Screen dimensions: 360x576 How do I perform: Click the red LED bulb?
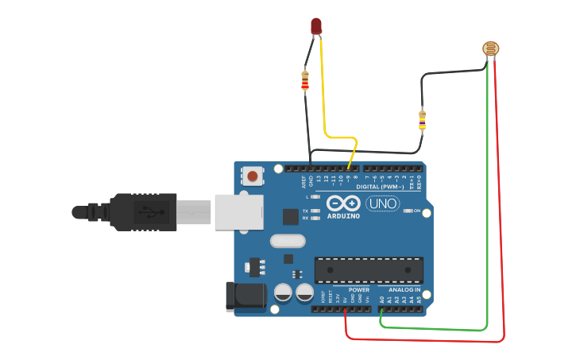tap(316, 25)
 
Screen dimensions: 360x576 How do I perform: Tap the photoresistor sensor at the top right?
tap(492, 49)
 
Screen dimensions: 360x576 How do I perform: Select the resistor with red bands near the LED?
tap(305, 80)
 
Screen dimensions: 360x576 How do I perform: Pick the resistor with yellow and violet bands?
tap(422, 120)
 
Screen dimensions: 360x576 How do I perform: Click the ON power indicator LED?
tap(407, 211)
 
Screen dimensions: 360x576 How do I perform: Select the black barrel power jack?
tap(245, 296)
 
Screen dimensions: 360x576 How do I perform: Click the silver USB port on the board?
tap(238, 212)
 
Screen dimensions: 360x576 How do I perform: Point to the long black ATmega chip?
tap(369, 270)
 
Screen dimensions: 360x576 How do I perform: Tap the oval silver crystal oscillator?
tap(288, 241)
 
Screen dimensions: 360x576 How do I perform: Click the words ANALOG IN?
tap(404, 290)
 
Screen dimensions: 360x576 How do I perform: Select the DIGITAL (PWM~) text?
tap(378, 186)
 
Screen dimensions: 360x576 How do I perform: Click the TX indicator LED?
tap(315, 211)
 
